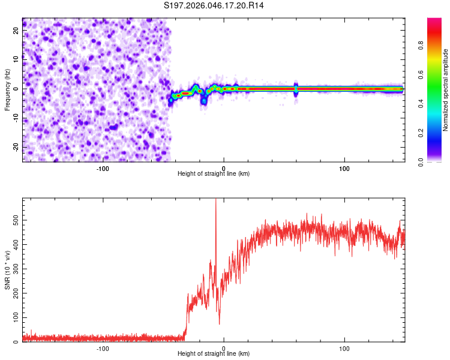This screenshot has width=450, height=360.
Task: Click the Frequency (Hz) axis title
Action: (7, 90)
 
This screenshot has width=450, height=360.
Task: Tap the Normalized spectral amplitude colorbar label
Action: (446, 90)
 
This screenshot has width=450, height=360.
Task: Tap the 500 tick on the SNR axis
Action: (14, 220)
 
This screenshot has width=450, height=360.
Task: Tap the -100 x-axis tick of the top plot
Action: (103, 168)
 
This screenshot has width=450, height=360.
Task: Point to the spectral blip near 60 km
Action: (296, 89)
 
